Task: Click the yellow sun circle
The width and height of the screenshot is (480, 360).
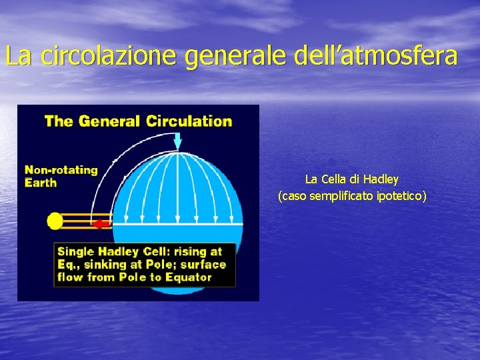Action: (x=55, y=221)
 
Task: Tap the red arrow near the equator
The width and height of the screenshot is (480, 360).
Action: (x=101, y=224)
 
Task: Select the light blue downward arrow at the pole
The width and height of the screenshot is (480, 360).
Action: (x=177, y=141)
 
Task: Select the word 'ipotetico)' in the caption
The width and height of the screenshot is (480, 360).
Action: (x=402, y=196)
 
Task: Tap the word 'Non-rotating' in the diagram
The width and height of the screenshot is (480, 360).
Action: (x=61, y=170)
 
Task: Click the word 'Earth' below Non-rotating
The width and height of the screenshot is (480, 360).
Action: (x=41, y=183)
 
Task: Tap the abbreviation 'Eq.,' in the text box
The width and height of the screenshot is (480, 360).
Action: (x=69, y=265)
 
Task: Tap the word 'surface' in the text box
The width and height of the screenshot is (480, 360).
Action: (x=205, y=265)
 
